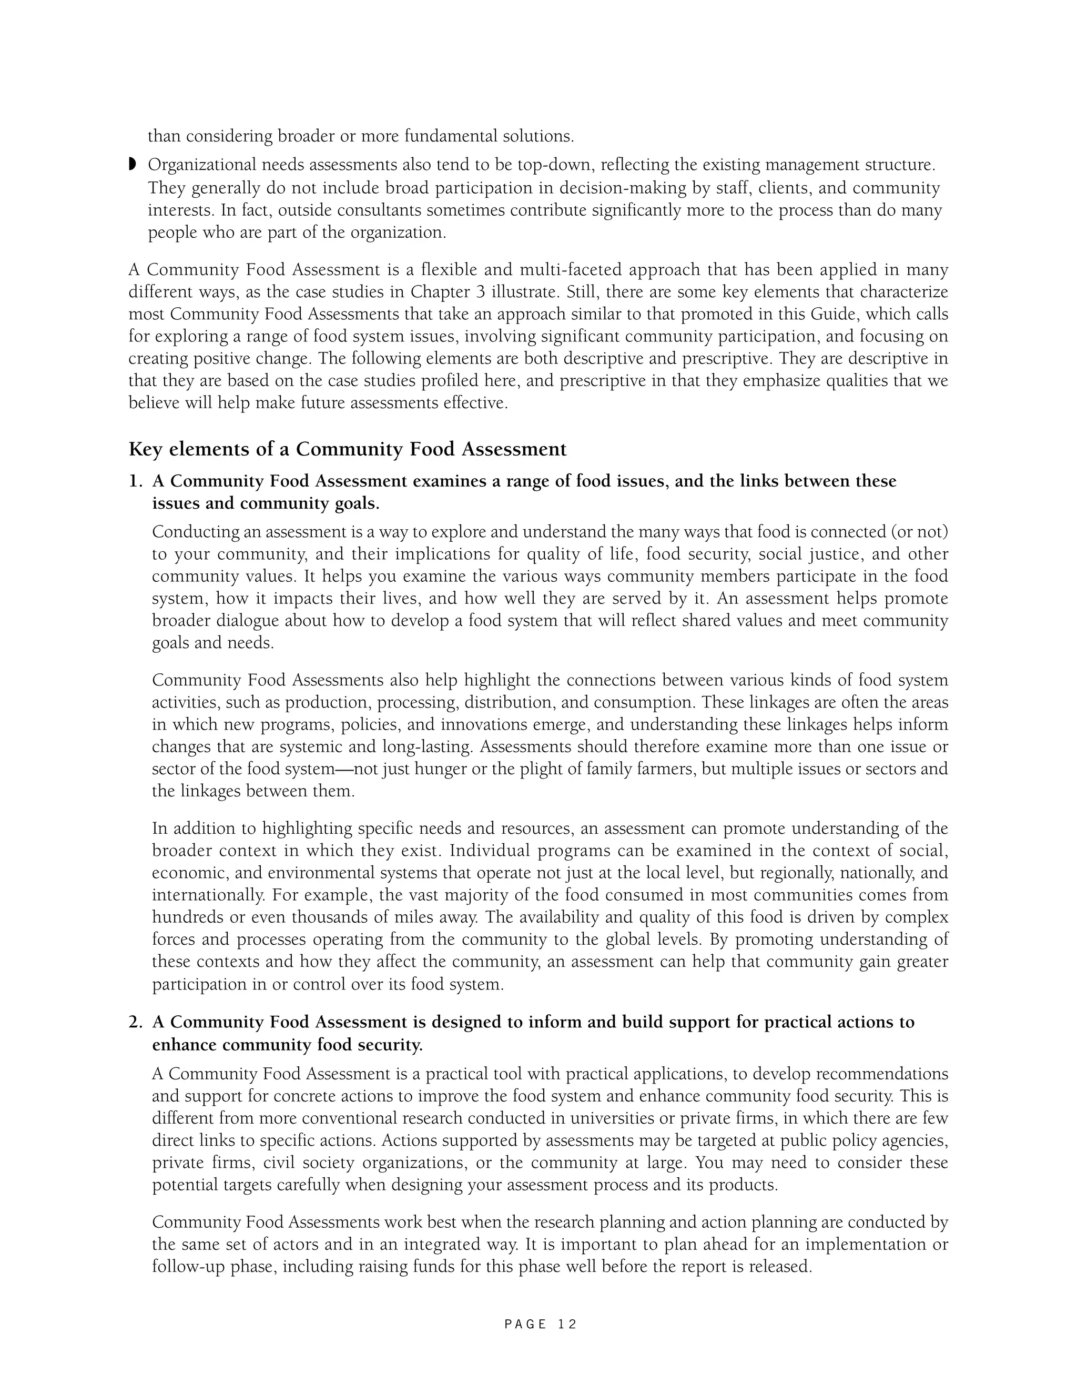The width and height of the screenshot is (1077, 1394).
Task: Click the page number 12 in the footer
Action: click(566, 1324)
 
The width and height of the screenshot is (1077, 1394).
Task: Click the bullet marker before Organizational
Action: click(133, 165)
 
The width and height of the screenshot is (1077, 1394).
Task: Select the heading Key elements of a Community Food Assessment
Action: click(347, 449)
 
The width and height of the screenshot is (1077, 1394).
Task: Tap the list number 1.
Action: click(135, 481)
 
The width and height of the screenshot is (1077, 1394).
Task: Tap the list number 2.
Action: click(135, 1023)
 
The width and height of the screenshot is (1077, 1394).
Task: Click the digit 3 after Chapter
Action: click(481, 292)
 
